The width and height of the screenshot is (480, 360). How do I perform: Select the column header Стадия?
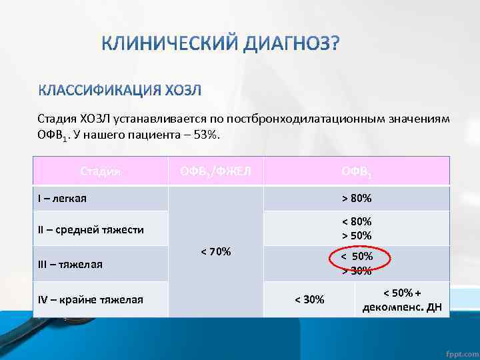tap(101, 171)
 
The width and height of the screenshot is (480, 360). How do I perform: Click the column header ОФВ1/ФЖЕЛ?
tap(216, 171)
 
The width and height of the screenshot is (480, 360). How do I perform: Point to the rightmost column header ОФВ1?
tap(357, 171)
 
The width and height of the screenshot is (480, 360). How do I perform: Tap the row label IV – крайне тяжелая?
tap(90, 299)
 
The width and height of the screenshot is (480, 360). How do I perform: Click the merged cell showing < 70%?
tap(216, 251)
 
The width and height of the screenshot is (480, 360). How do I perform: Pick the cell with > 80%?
tap(357, 199)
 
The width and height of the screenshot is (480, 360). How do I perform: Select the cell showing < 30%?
tap(309, 299)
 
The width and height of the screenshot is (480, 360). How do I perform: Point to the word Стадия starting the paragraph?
tap(55, 119)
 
